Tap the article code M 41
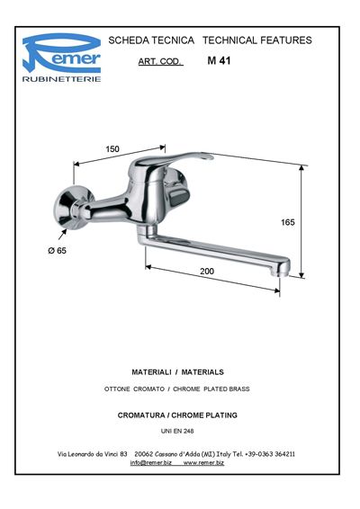click(219, 61)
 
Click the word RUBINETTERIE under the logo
click(62, 79)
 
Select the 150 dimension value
click(112, 149)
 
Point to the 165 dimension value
click(288, 222)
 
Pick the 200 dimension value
click(207, 271)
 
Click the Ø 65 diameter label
click(58, 251)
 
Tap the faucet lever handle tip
click(207, 156)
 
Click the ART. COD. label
click(160, 61)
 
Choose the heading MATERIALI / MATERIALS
click(177, 372)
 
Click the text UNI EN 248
click(177, 431)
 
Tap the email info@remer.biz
click(151, 463)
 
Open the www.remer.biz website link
click(203, 463)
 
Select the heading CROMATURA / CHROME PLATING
click(177, 415)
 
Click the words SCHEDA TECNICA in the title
click(151, 40)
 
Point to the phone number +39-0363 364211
click(270, 454)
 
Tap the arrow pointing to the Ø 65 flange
click(62, 234)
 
